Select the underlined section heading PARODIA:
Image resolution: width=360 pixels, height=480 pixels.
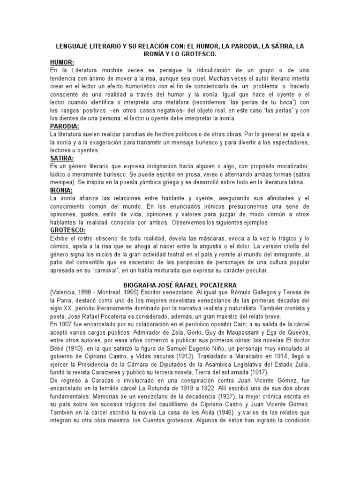[65, 127]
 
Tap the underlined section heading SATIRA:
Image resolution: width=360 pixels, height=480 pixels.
[63, 158]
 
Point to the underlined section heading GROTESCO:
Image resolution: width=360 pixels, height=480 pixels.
[68, 231]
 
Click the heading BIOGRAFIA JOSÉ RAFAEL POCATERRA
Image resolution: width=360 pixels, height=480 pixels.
[180, 285]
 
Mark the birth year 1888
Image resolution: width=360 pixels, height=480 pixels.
[77, 292]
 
